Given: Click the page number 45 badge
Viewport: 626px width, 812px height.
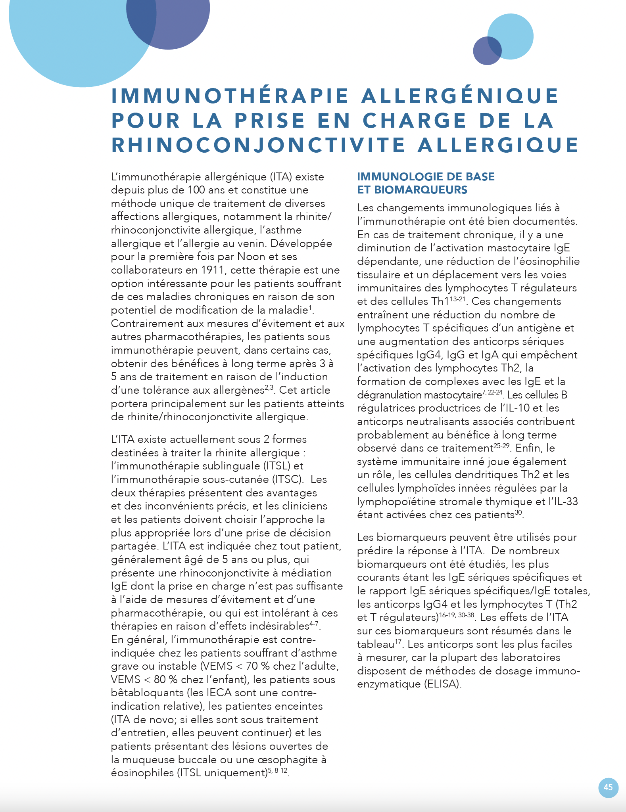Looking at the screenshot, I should [x=608, y=787].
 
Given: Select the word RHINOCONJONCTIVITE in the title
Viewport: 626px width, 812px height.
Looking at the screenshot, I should [x=258, y=145].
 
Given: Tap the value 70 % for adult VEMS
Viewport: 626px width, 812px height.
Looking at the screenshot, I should [x=258, y=666].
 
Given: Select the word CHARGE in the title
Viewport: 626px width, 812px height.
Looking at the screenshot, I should [x=415, y=121].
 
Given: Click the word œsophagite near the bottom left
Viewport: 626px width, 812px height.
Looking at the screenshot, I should [x=292, y=760].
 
